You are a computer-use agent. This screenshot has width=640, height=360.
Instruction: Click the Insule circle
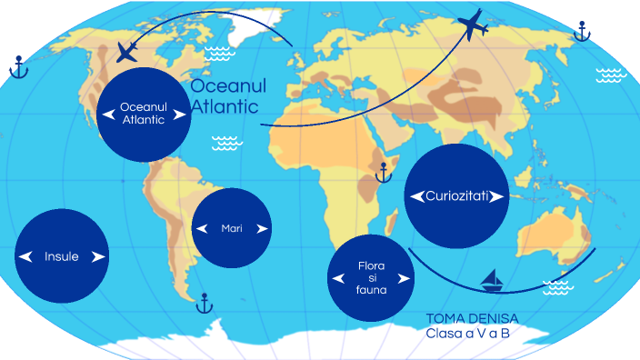click(62, 256)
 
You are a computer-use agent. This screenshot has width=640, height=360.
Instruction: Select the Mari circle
click(232, 228)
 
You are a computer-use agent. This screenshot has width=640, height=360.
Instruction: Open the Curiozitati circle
click(455, 195)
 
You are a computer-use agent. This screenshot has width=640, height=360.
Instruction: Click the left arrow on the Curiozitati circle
click(416, 196)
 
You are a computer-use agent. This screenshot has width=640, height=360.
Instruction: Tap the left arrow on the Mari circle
click(202, 228)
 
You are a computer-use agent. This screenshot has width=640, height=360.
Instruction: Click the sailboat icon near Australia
click(492, 279)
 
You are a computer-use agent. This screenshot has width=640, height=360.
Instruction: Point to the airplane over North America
click(129, 52)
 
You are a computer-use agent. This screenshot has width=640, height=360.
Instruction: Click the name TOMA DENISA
click(472, 319)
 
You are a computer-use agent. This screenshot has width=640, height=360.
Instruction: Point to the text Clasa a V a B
click(468, 334)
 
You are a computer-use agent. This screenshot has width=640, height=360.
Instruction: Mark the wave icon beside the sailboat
click(557, 288)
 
